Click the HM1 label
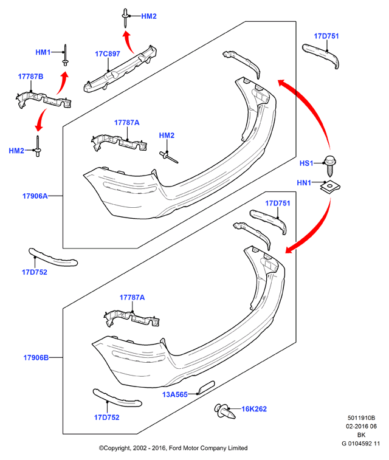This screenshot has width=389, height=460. coord(43,52)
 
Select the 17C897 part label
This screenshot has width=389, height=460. coord(108,53)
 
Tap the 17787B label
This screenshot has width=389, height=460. coord(30,77)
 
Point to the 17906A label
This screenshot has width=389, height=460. coord(35,196)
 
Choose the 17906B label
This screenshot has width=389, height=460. coord(36,358)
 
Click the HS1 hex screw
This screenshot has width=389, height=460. coord(329,165)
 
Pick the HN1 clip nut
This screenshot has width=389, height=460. coord(330,187)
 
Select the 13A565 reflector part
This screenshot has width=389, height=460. coord(207,387)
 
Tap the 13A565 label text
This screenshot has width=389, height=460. coord(175,394)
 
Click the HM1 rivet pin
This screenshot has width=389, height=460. coord(65,55)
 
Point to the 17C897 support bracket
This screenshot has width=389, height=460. coord(120,69)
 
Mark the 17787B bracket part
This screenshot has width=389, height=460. coord(44,100)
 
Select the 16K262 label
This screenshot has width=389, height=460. coord(254,409)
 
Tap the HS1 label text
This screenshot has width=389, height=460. coord(306,163)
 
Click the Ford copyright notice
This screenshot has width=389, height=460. coord(173,448)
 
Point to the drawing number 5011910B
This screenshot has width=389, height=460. coord(361,417)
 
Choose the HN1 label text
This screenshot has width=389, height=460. coord(304,183)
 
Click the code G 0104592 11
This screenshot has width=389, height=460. coord(360,443)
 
